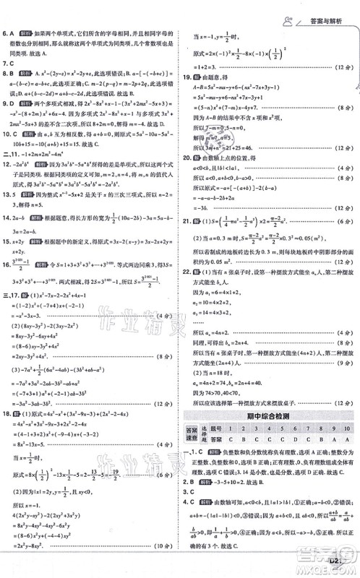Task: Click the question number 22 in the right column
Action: (x=187, y=272)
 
